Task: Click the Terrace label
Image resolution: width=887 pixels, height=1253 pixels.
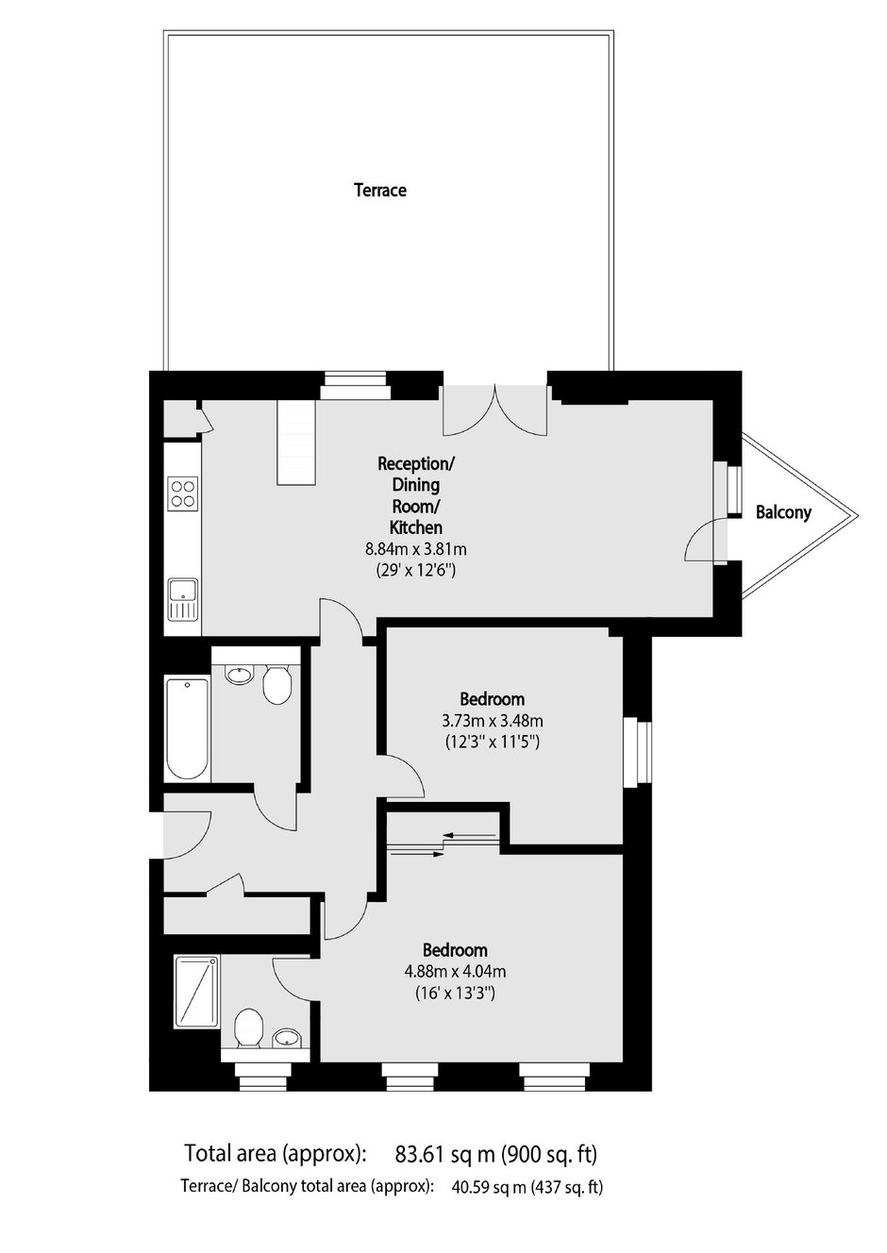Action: click(x=379, y=191)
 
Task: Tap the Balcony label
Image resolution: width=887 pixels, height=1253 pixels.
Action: click(x=783, y=511)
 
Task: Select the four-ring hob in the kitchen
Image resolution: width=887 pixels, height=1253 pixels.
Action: click(x=183, y=493)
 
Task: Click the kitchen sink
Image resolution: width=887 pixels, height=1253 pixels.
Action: click(x=183, y=599)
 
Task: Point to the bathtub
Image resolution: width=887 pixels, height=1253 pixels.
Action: click(x=188, y=729)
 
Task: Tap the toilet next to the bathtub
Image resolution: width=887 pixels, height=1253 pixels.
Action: click(x=276, y=683)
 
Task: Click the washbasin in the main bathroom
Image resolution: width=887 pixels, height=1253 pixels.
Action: click(x=240, y=674)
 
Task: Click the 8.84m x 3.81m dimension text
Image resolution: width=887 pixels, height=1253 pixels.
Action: click(x=416, y=549)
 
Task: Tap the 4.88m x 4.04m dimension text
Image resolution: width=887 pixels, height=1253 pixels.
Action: click(x=455, y=972)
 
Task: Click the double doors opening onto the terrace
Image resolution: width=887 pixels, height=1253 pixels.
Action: click(x=495, y=410)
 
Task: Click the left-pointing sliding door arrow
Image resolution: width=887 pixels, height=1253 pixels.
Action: click(x=470, y=836)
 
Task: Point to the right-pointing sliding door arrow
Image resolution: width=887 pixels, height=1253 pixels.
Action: click(x=416, y=854)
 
